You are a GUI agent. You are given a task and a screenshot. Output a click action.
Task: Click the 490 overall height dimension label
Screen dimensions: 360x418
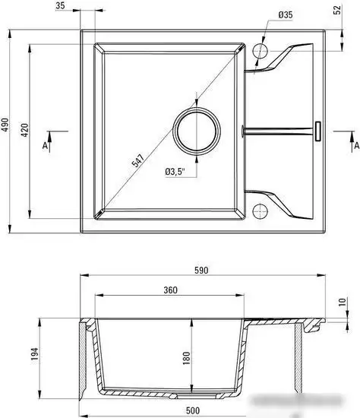(x=5, y=125)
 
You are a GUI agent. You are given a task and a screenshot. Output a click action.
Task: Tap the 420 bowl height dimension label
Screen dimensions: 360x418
(x=25, y=130)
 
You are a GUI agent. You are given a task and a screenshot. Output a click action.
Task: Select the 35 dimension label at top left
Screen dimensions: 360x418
(x=60, y=5)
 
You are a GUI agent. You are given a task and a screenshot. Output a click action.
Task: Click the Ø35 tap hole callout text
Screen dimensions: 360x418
(x=286, y=15)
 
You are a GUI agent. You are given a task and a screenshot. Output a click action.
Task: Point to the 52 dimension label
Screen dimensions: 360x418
(x=337, y=10)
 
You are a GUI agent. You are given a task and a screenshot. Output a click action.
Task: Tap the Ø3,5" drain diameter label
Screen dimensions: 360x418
(x=175, y=172)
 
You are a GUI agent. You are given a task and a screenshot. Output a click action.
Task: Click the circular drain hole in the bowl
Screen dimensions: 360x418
(x=197, y=131)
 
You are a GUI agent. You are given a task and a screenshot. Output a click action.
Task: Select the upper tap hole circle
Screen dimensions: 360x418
(x=260, y=50)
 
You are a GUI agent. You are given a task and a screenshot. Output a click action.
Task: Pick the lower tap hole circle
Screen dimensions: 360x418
(x=260, y=211)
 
